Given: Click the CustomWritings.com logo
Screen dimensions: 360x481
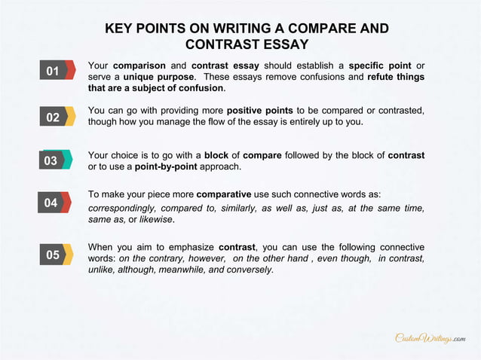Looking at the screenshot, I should (x=430, y=338).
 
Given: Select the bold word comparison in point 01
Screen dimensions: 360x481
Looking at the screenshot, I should (x=139, y=66).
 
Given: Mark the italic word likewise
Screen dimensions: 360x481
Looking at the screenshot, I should (x=158, y=220).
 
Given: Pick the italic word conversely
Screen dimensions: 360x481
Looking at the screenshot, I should (x=250, y=270).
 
